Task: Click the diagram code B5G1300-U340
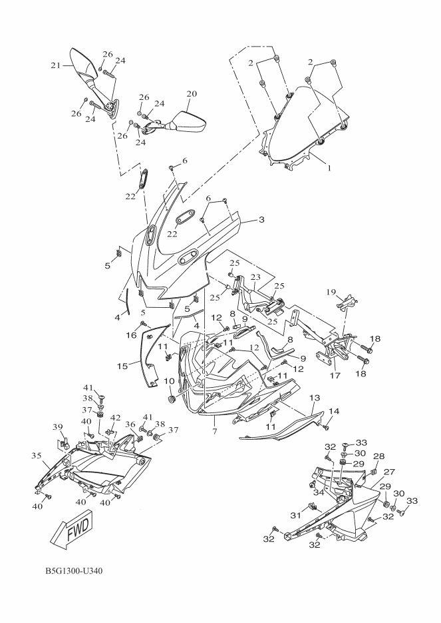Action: [x=73, y=572]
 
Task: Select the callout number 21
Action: [x=56, y=65]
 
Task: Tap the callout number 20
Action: [x=192, y=94]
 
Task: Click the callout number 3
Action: [x=261, y=219]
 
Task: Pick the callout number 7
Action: [x=215, y=422]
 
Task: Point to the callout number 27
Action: [x=389, y=471]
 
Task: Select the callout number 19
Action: [x=331, y=292]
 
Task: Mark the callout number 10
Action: [x=169, y=381]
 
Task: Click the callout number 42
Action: [x=115, y=418]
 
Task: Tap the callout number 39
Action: [x=57, y=426]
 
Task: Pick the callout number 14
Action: [x=334, y=411]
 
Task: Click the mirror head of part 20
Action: [x=188, y=123]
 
